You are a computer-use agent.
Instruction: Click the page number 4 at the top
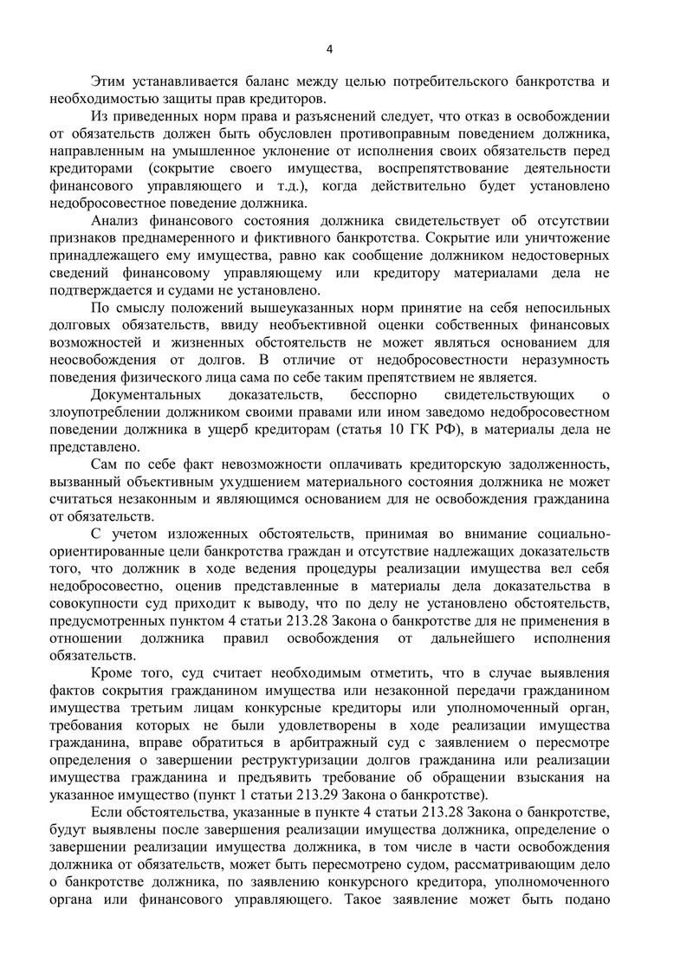click(346, 48)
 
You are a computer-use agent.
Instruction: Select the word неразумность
click(565, 361)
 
